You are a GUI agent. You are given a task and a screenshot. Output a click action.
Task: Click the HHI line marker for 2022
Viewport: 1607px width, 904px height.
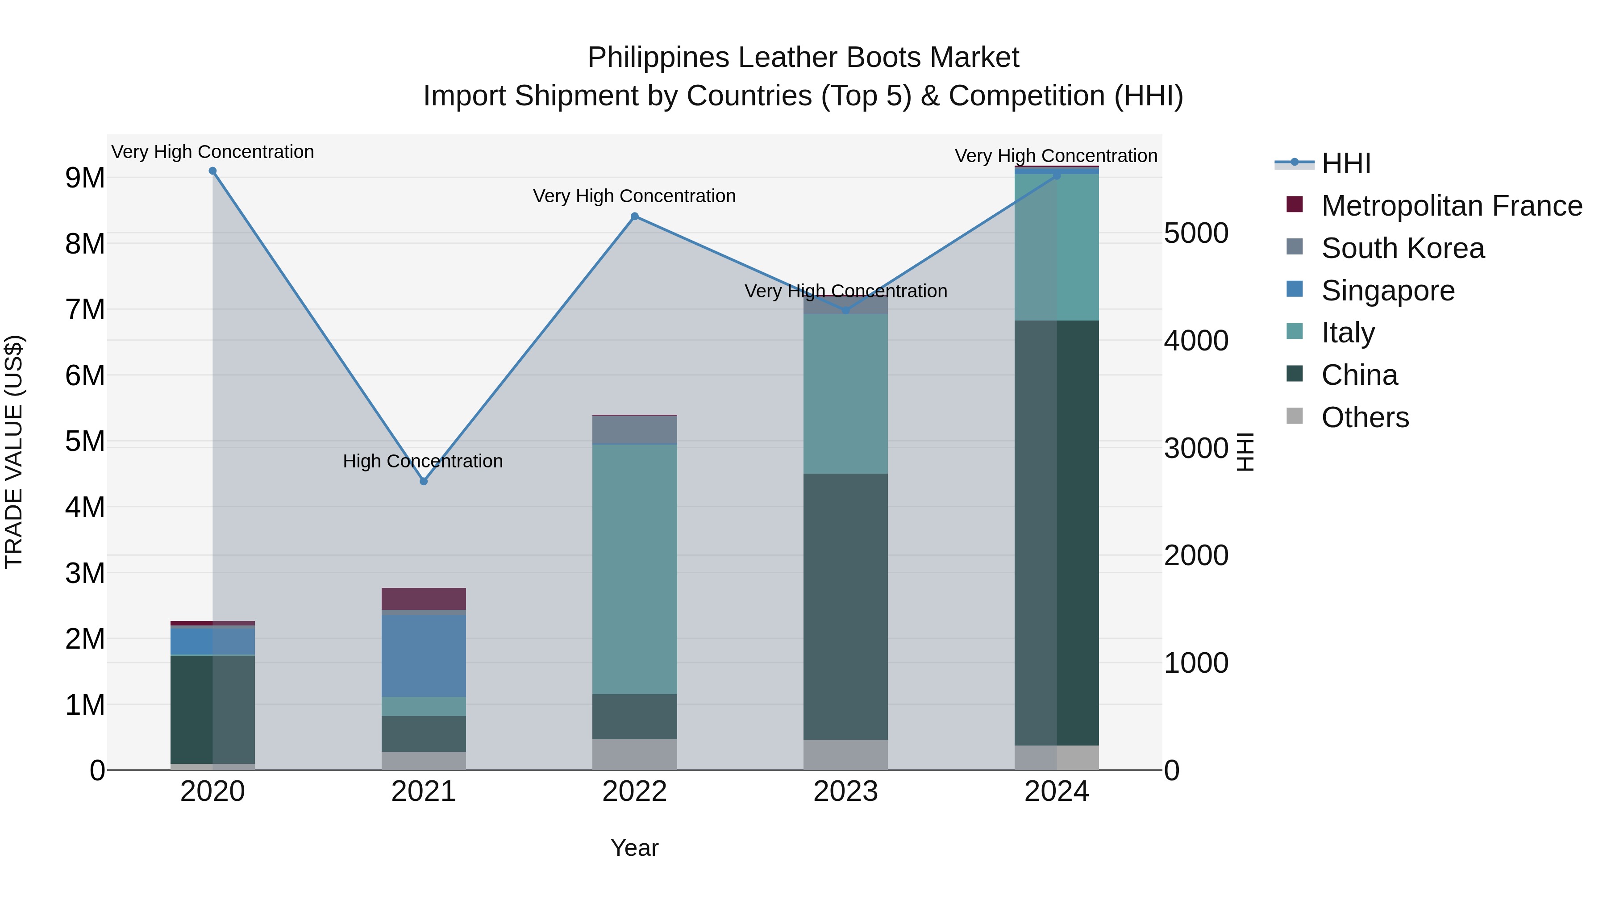634,217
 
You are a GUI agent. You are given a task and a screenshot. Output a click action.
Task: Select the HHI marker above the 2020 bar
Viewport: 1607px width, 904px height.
213,171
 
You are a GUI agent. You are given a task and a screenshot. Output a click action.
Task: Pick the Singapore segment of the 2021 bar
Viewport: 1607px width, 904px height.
424,655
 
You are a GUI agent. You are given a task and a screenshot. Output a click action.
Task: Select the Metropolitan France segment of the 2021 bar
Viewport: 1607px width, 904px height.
424,598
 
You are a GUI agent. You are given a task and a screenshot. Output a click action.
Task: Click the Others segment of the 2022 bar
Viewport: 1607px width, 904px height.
634,754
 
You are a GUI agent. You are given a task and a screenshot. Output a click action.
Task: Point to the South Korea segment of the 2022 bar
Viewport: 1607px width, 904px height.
634,429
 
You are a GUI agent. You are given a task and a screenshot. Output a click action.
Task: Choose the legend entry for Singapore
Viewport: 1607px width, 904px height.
1387,291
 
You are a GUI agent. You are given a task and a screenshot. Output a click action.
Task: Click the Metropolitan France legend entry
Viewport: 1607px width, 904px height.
1451,206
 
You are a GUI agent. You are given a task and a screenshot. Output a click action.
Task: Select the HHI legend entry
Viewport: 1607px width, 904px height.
1345,163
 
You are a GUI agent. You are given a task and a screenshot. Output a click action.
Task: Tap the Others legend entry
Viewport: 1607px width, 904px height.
1364,417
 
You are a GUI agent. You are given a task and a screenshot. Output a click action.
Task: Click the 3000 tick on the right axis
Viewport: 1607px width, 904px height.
1195,449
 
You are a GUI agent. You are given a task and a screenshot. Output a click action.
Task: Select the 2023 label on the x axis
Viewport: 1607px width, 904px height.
845,792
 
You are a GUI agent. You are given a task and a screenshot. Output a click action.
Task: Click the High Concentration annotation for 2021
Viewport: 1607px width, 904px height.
423,461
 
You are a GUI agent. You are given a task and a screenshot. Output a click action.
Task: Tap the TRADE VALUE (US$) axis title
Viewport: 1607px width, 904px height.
14,452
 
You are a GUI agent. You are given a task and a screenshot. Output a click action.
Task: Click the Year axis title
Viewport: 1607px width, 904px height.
634,848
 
